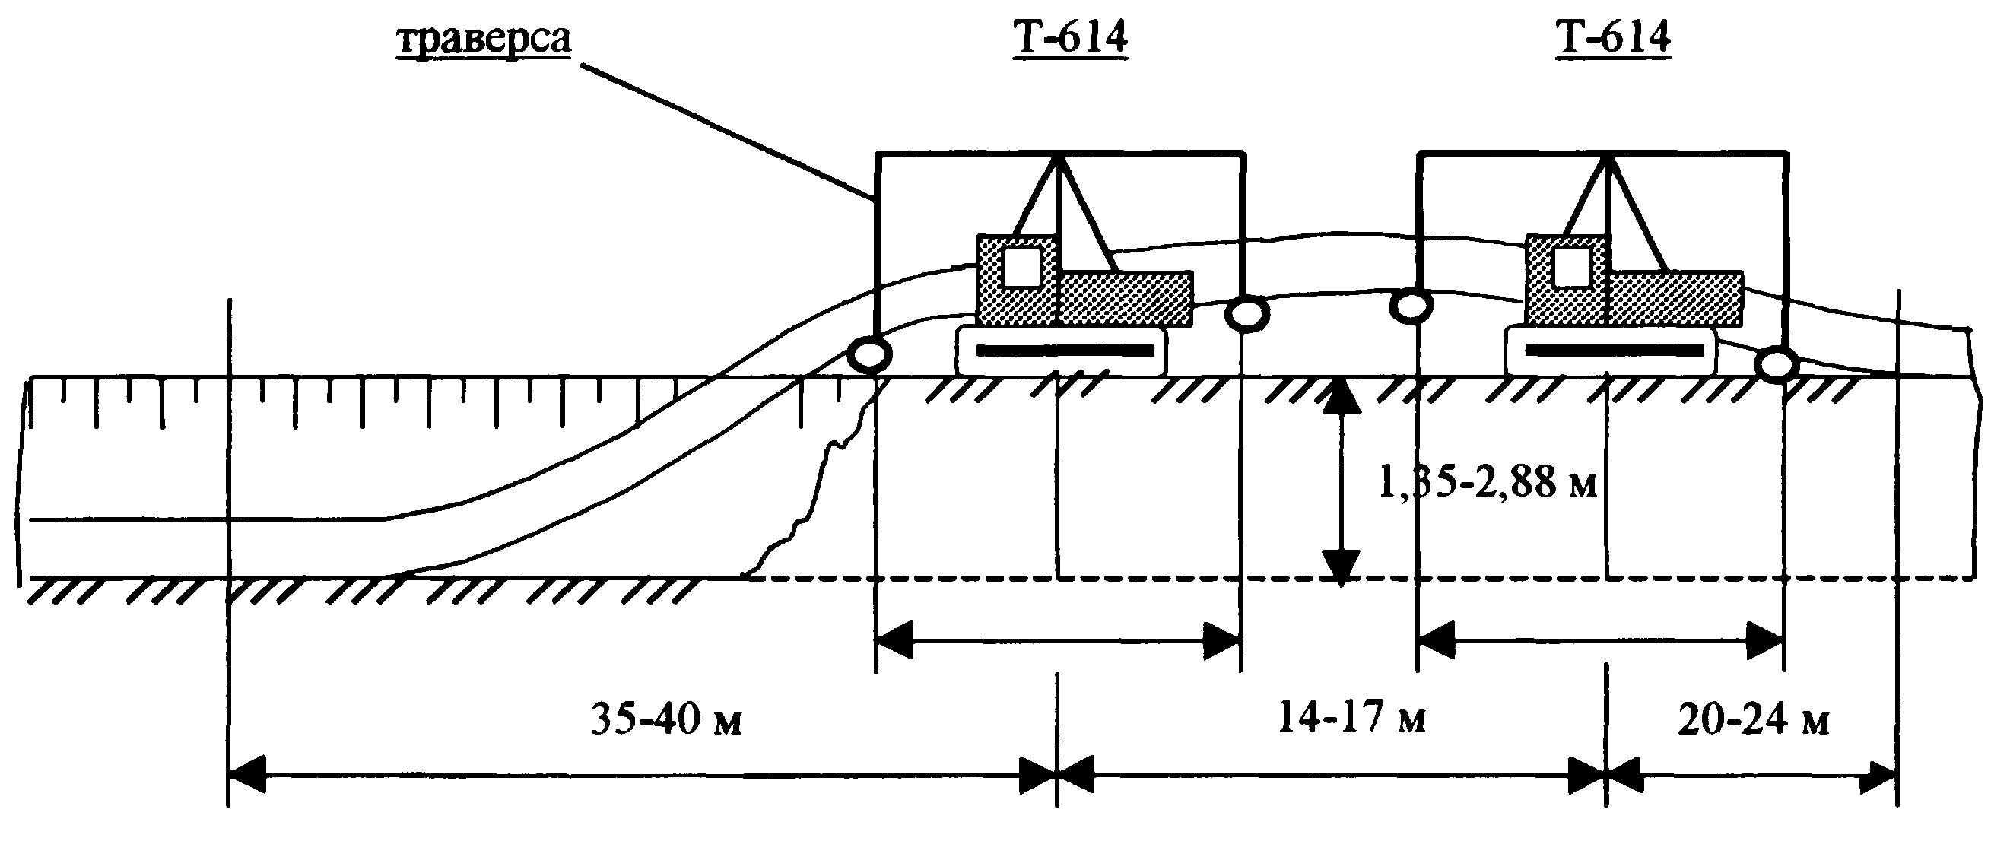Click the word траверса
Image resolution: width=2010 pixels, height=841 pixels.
pyautogui.click(x=484, y=39)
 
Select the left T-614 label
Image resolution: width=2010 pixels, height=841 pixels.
pyautogui.click(x=1070, y=36)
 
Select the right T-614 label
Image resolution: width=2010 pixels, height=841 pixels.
pyautogui.click(x=1613, y=36)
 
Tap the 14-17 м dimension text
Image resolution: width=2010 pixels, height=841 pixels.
pyautogui.click(x=1351, y=717)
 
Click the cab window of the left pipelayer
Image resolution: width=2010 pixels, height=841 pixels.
pyautogui.click(x=1021, y=267)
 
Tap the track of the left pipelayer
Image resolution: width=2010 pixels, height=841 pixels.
pyautogui.click(x=1062, y=351)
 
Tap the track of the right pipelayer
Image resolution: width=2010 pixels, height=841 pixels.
pyautogui.click(x=1612, y=351)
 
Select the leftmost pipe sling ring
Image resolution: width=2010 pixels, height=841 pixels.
pyautogui.click(x=869, y=356)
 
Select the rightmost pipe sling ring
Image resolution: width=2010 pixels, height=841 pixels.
pyautogui.click(x=1777, y=363)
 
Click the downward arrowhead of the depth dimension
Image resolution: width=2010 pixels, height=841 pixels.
pyautogui.click(x=1341, y=567)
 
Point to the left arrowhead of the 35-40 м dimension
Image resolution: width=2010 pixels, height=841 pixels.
pyautogui.click(x=246, y=775)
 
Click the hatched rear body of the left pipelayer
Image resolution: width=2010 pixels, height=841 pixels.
pyautogui.click(x=1126, y=298)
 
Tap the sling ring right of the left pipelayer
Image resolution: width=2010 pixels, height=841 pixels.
pyautogui.click(x=1247, y=313)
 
